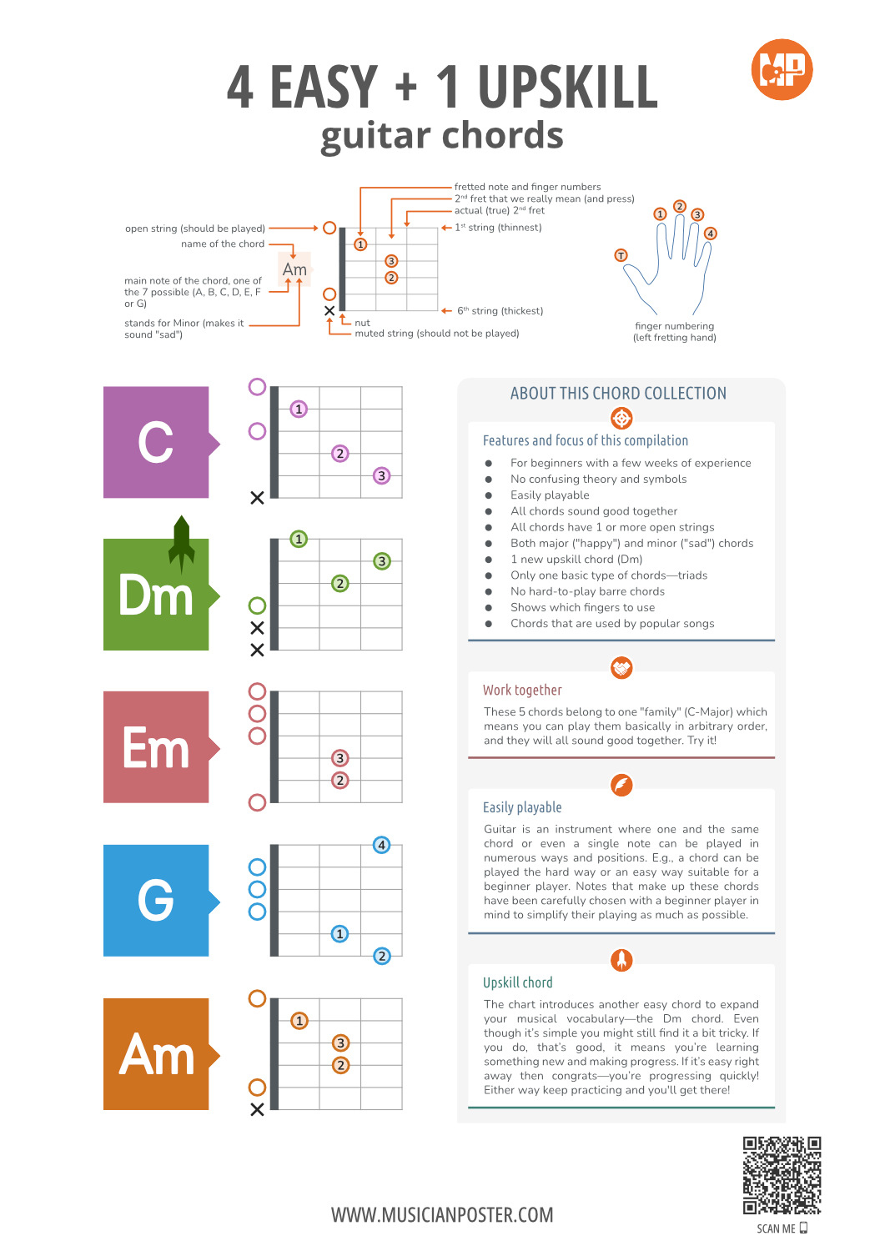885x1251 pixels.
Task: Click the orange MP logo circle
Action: [x=782, y=70]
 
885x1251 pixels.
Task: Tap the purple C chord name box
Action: [x=156, y=442]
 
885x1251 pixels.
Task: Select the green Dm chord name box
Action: [x=156, y=595]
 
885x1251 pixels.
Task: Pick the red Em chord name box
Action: [x=156, y=747]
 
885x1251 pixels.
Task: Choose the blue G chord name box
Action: [x=156, y=901]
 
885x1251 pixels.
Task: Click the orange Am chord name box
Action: [x=156, y=1054]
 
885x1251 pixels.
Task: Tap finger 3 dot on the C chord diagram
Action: [x=381, y=475]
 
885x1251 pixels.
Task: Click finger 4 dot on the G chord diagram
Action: [x=381, y=845]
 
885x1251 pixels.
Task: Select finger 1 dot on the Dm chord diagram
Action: [x=299, y=539]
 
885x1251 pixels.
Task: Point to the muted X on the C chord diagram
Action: [x=257, y=498]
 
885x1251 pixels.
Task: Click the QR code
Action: [x=782, y=1175]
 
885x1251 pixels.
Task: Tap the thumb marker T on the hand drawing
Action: [x=621, y=255]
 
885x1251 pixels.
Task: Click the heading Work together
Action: [x=522, y=691]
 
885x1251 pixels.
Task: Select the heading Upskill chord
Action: [x=517, y=982]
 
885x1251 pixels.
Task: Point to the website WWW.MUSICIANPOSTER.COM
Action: [x=442, y=1215]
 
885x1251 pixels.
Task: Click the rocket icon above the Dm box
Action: [x=182, y=544]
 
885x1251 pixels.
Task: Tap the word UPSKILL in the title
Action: [x=567, y=88]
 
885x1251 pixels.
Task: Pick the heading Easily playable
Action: [x=522, y=807]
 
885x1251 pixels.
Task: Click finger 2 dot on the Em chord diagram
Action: [x=339, y=781]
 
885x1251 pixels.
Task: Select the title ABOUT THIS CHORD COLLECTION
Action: [x=618, y=394]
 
